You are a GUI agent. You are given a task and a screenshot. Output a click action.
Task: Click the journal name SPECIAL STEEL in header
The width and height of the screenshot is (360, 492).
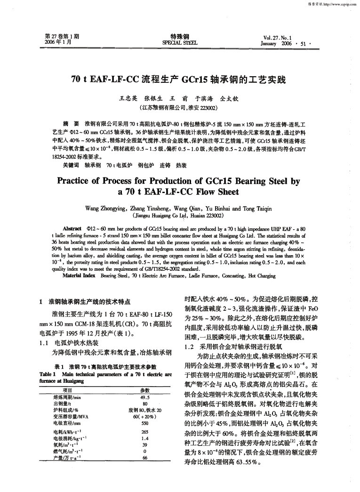tap(180, 42)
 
